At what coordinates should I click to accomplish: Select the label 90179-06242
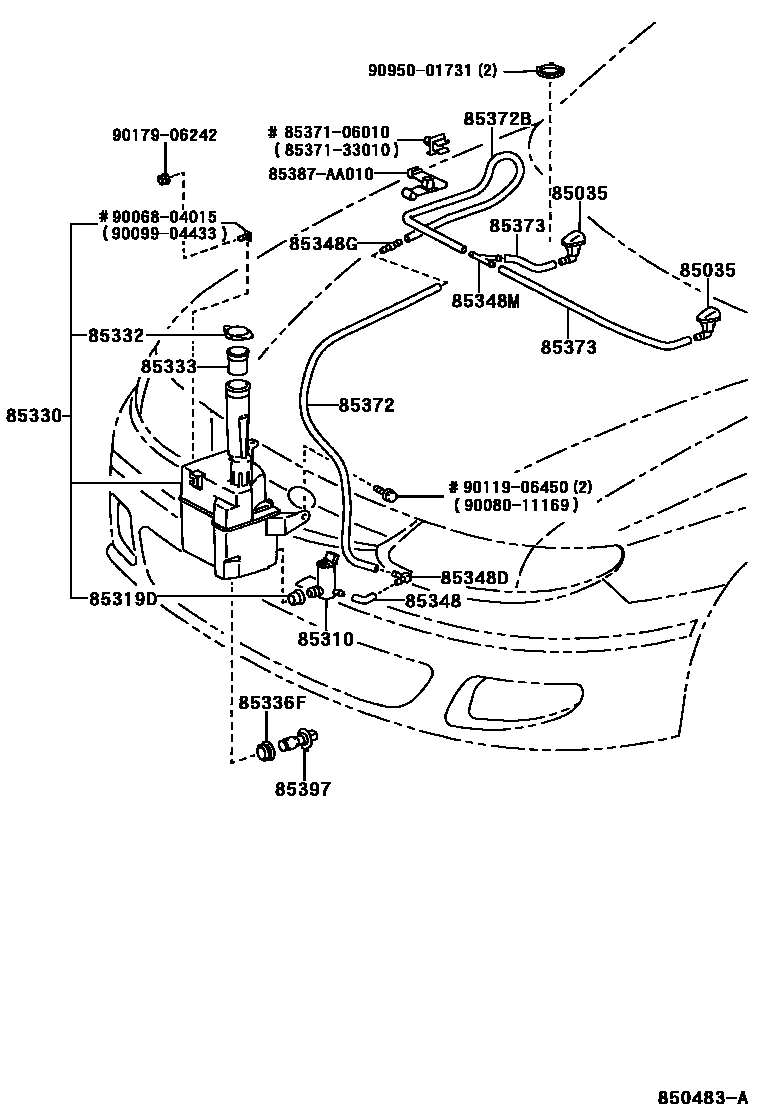tap(164, 135)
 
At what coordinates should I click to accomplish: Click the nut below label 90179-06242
tap(164, 179)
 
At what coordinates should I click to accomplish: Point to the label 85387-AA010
tap(320, 173)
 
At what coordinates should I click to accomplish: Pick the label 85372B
tap(496, 118)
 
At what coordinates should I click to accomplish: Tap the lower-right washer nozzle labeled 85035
tap(708, 323)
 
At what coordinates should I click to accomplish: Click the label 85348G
tap(323, 242)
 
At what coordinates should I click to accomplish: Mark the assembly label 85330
tap(34, 414)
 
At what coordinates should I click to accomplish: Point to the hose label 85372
tap(365, 405)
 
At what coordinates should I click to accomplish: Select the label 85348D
tap(474, 577)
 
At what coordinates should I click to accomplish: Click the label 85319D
tap(123, 599)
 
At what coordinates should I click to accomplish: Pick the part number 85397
tap(302, 789)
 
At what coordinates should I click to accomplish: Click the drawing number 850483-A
tap(702, 1096)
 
